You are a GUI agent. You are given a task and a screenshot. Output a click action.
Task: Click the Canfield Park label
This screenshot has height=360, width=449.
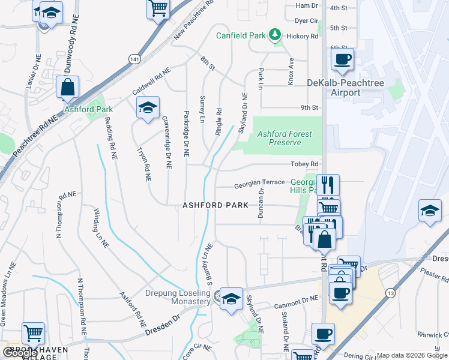tap(241, 35)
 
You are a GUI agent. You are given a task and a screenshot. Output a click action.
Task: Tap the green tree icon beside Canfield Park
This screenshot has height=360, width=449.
tap(275, 35)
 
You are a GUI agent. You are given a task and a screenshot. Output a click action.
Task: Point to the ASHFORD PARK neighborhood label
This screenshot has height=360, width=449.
tap(215, 205)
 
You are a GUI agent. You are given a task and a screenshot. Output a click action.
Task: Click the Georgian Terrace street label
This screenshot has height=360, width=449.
tap(259, 182)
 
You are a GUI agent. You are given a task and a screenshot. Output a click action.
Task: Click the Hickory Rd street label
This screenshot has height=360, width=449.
tap(306, 36)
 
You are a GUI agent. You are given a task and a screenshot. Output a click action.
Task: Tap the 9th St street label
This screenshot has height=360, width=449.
tap(309, 107)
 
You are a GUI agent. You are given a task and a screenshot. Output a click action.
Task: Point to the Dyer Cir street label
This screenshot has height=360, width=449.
tap(306, 20)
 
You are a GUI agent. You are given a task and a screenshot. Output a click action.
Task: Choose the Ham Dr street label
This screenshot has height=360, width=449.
tap(306, 5)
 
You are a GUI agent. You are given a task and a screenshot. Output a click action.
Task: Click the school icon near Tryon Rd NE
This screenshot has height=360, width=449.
tap(147, 107)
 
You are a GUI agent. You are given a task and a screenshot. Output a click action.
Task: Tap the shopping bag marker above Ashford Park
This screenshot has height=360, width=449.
tap(68, 87)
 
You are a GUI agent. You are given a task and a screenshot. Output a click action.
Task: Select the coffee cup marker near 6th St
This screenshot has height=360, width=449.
tap(343, 59)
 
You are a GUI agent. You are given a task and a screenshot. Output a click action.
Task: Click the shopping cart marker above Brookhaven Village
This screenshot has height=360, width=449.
tap(33, 332)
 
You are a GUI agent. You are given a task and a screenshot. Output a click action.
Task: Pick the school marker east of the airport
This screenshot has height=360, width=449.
tap(430, 211)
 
